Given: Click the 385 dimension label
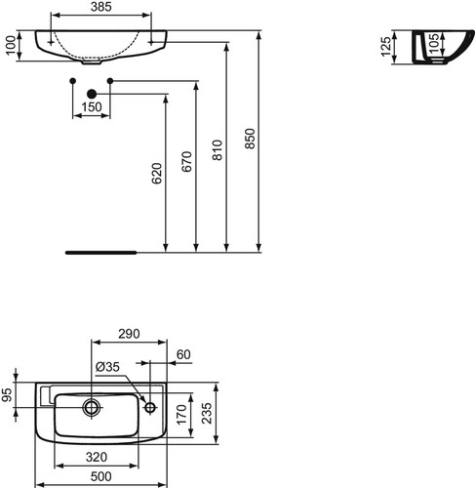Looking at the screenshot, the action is click(x=101, y=7).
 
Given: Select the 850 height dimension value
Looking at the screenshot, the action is click(x=250, y=139).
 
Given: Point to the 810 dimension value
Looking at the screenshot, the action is click(x=218, y=150).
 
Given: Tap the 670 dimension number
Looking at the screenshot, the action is click(x=186, y=161).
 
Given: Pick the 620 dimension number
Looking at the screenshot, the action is click(x=157, y=174).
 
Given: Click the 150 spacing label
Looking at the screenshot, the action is click(x=92, y=106).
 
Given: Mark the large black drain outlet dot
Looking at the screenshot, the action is click(x=92, y=94).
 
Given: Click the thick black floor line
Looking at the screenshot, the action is click(x=101, y=252).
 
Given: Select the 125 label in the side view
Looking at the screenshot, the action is click(x=386, y=47).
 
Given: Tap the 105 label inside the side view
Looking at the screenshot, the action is click(x=434, y=43).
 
